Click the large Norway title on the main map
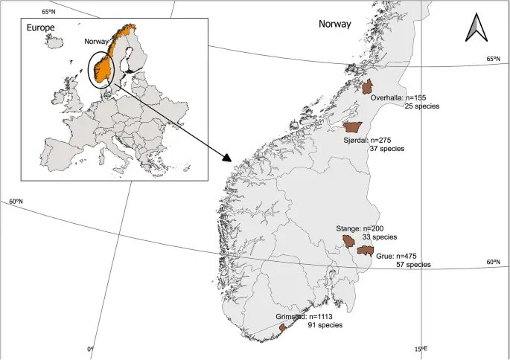[335, 24]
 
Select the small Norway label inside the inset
[97, 42]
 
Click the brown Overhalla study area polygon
[366, 86]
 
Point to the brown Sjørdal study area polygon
[353, 128]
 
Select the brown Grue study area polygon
[364, 251]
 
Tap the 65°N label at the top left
[49, 11]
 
